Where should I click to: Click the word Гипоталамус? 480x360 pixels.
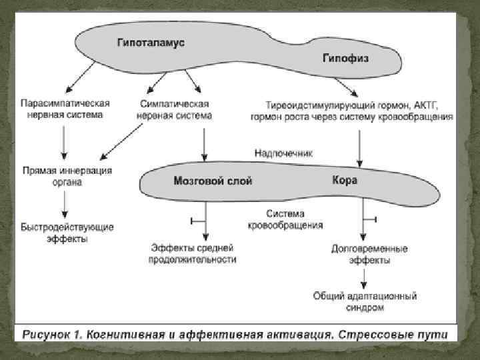151,42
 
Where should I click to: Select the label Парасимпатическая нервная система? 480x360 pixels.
65,109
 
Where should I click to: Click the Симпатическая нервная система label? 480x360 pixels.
174,109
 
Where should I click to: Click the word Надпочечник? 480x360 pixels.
283,153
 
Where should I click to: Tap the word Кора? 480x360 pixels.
345,180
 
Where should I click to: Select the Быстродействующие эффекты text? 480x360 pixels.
67,232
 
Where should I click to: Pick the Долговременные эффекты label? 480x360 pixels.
361,253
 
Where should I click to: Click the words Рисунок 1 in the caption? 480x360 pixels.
52,333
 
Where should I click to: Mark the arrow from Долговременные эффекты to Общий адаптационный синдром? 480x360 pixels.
361,277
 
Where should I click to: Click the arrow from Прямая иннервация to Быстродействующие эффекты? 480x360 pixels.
64,203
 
